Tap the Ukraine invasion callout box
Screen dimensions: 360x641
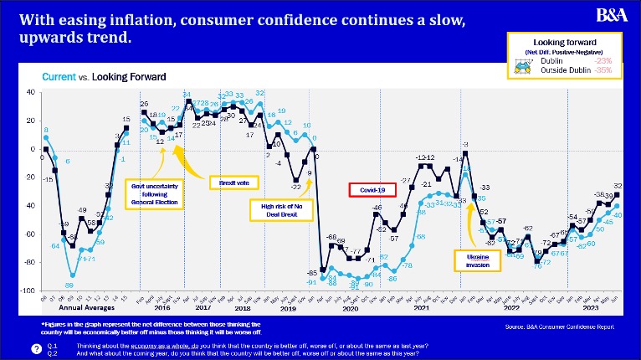471,260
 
